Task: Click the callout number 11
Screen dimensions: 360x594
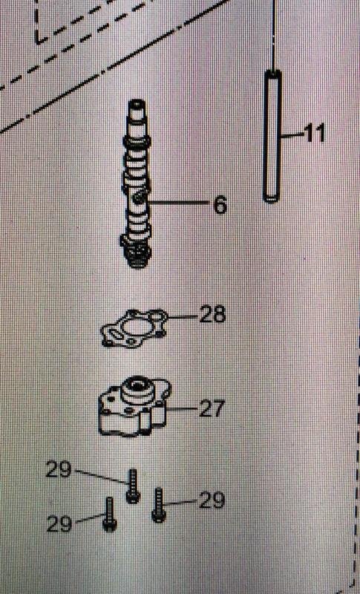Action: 315,134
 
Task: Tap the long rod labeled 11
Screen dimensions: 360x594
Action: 272,137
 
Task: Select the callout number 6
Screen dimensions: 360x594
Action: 220,205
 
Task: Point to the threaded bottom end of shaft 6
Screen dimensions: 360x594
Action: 137,255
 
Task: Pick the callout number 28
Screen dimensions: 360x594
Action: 213,314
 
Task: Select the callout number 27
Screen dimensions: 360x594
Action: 212,408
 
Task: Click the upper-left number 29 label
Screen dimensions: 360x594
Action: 59,470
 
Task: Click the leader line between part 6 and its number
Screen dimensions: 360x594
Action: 178,203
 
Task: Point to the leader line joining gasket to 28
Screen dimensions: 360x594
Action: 183,316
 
